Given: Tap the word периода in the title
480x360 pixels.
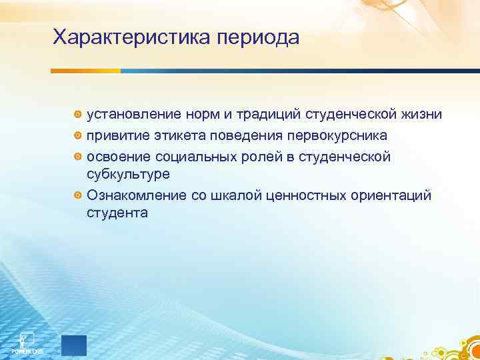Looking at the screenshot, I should tap(257, 39).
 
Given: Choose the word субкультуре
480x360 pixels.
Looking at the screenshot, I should tap(128, 175).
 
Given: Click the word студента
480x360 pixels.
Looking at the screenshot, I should tap(117, 213).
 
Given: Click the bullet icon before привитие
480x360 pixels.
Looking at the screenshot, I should tap(78, 136).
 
